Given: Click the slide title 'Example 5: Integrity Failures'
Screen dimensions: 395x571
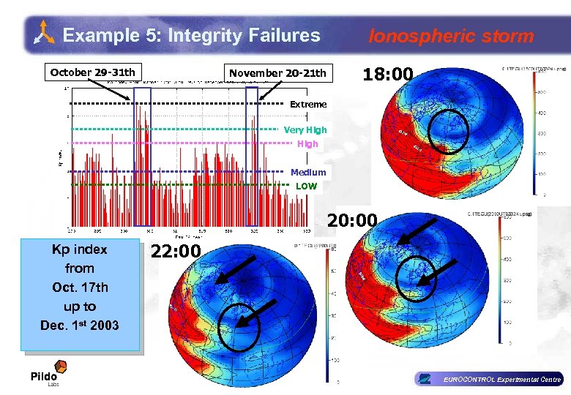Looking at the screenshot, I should pyautogui.click(x=191, y=35).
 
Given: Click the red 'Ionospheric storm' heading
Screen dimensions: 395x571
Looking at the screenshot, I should pyautogui.click(x=451, y=36).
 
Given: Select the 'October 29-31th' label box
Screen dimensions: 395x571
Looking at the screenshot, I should pyautogui.click(x=92, y=72).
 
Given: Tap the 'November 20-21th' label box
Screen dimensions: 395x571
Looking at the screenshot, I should pyautogui.click(x=277, y=73).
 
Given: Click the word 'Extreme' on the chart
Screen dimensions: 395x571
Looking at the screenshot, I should pyautogui.click(x=308, y=105).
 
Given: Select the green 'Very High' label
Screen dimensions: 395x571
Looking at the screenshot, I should pyautogui.click(x=305, y=130).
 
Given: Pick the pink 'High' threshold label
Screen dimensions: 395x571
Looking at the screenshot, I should pyautogui.click(x=307, y=144).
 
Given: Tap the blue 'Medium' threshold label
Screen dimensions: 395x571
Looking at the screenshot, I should pyautogui.click(x=308, y=173).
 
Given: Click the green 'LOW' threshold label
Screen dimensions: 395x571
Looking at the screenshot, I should pyautogui.click(x=306, y=187).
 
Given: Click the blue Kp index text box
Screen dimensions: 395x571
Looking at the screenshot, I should pyautogui.click(x=80, y=296).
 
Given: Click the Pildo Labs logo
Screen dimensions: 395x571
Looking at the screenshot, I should pyautogui.click(x=48, y=372).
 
